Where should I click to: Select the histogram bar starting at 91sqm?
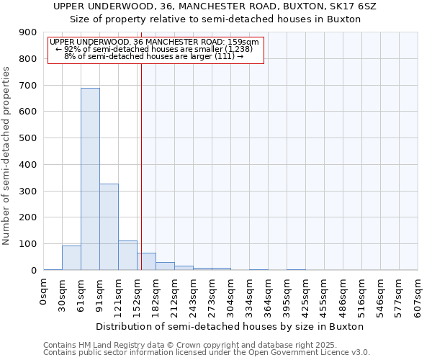109,227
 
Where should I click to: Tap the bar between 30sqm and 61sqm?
71,258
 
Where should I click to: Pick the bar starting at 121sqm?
127,256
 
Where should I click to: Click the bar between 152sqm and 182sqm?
146,261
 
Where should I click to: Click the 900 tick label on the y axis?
27,32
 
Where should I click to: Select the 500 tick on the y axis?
27,138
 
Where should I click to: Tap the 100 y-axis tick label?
27,244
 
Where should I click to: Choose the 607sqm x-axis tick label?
418,294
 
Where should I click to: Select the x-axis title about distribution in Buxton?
230,326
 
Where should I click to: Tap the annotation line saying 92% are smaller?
154,49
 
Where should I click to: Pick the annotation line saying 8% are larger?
153,56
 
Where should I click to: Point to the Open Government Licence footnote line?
207,353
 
